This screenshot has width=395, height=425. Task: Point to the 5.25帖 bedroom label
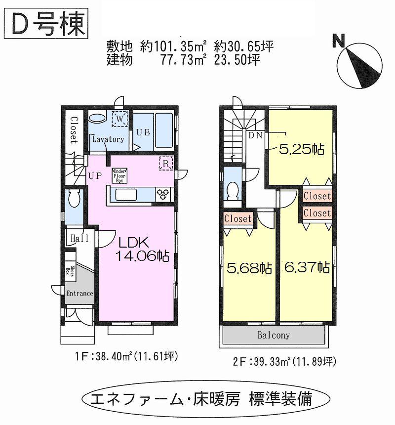coord(301,150)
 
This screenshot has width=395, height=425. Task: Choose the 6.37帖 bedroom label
coord(307,267)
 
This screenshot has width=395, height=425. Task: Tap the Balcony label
coord(274,335)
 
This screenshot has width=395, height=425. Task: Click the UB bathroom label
coord(143,132)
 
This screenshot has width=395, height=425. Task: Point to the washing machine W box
coord(119,119)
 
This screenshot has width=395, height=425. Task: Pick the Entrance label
coord(79,293)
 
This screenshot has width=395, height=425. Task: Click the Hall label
coord(79,239)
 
